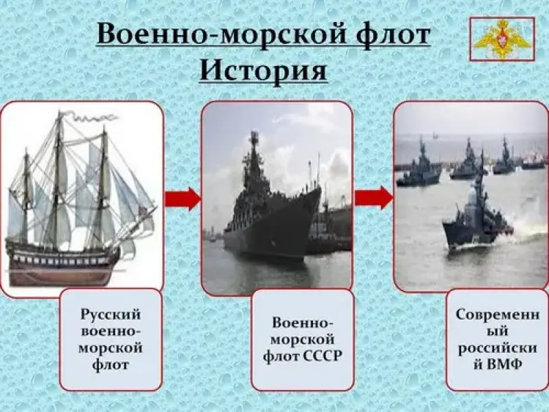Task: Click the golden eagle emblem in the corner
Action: pos(502,39)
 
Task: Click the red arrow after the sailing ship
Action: pos(183,199)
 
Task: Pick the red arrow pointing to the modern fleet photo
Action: pos(373,198)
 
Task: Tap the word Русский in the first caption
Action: pos(110,314)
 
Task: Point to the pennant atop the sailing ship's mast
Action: pos(89,117)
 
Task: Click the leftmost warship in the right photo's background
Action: pos(419,168)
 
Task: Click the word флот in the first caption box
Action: pos(110,365)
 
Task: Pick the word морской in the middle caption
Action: pos(303,339)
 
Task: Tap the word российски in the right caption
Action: pos(498,348)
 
